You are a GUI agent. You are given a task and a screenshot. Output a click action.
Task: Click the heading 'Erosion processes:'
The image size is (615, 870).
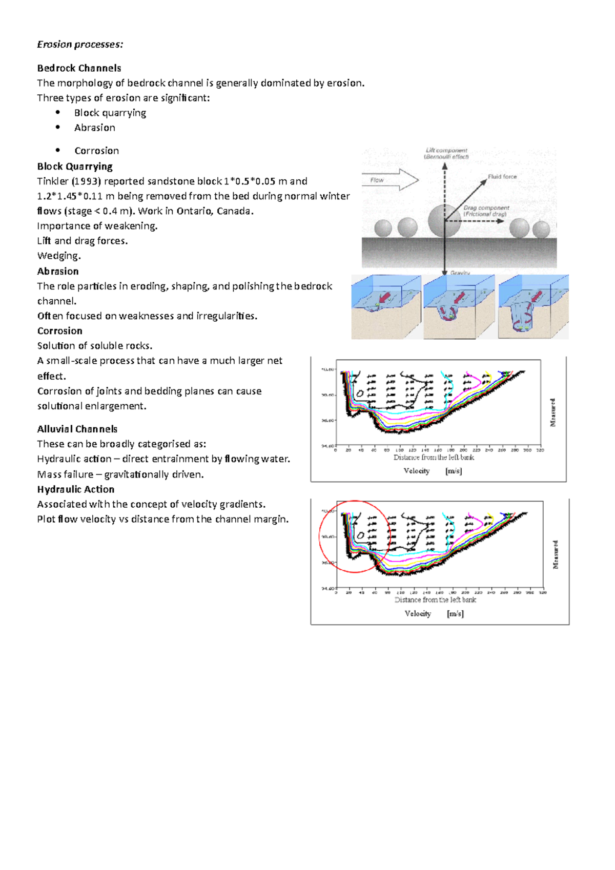pyautogui.click(x=80, y=45)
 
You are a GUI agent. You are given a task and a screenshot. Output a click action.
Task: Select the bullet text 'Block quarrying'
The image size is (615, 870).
pyautogui.click(x=110, y=113)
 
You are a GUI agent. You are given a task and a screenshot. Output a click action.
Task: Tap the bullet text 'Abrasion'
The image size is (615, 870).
pyautogui.click(x=94, y=128)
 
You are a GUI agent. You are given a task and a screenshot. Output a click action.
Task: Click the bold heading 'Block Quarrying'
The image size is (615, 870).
pyautogui.click(x=75, y=167)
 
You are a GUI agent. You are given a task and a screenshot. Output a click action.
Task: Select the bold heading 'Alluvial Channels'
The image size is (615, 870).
pyautogui.click(x=77, y=429)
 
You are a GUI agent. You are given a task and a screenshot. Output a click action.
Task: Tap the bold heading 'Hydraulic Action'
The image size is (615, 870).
pyautogui.click(x=76, y=489)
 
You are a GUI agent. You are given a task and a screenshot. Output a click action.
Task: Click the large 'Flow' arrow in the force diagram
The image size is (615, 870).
pyautogui.click(x=390, y=180)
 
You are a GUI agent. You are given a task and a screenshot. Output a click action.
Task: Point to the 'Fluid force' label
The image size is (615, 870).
pyautogui.click(x=502, y=177)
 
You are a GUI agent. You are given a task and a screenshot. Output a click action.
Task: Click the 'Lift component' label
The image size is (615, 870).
pyautogui.click(x=446, y=153)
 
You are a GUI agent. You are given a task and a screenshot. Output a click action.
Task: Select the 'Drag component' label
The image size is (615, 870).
pyautogui.click(x=486, y=211)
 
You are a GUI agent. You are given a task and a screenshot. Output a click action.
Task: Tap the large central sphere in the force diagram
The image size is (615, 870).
pyautogui.click(x=443, y=220)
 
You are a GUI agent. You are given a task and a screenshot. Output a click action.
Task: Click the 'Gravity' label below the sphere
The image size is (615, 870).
pyautogui.click(x=460, y=273)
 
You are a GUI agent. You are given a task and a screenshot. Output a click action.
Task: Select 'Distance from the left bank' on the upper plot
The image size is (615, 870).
pyautogui.click(x=434, y=458)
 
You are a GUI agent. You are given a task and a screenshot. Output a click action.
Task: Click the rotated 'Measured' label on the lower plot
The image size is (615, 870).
pyautogui.click(x=556, y=554)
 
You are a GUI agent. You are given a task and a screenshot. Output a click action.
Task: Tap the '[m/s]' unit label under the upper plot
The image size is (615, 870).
pyautogui.click(x=454, y=471)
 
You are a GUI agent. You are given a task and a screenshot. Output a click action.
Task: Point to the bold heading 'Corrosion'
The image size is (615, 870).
pyautogui.click(x=60, y=331)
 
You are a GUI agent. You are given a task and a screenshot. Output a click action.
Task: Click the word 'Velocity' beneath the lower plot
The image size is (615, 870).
pyautogui.click(x=418, y=613)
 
